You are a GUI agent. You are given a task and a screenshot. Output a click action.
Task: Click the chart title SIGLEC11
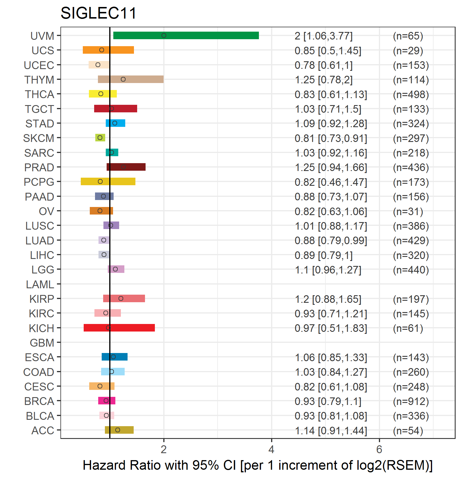(98, 13)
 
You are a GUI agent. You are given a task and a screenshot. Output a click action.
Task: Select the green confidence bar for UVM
(186, 35)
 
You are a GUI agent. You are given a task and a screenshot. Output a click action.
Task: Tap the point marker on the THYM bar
(123, 79)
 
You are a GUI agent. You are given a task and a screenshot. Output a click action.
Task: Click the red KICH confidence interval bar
(119, 328)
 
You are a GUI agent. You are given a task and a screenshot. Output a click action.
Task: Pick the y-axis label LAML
(40, 284)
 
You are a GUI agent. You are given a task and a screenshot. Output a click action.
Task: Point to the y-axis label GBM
(42, 343)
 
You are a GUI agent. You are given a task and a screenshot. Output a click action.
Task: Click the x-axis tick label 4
(271, 450)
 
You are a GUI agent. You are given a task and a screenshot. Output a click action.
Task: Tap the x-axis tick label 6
(379, 450)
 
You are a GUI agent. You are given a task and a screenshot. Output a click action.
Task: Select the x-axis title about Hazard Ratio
(258, 465)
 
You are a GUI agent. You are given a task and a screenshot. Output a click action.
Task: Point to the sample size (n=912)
(411, 401)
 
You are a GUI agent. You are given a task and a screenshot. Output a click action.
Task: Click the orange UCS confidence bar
(108, 50)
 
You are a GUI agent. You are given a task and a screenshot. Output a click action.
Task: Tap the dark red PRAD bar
(126, 167)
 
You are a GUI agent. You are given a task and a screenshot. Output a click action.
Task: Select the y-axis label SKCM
(39, 138)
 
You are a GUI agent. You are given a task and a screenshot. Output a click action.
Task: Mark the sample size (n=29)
(408, 51)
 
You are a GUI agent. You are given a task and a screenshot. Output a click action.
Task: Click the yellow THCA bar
(103, 94)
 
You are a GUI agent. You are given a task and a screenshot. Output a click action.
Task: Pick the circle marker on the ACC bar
(117, 430)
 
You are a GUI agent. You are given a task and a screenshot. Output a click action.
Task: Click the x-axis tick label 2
(164, 450)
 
